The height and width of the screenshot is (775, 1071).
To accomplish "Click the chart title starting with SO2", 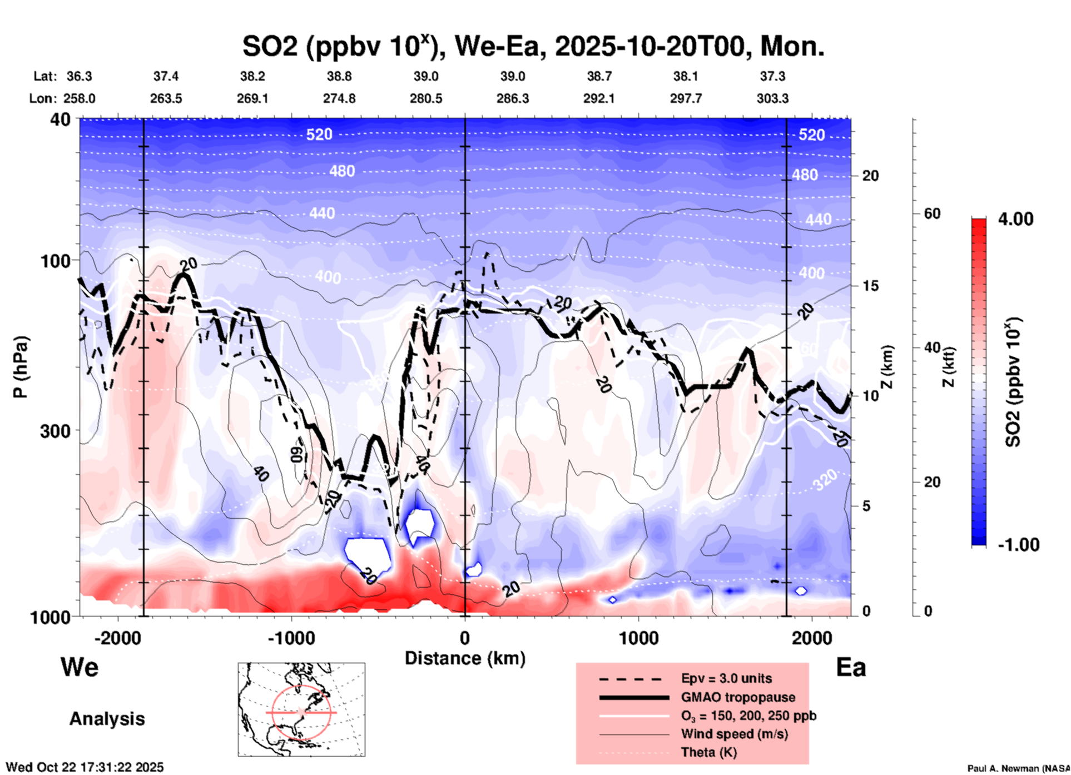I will (533, 46).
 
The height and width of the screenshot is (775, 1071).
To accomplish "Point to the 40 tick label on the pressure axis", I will (61, 120).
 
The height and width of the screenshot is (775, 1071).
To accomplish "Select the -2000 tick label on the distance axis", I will (118, 638).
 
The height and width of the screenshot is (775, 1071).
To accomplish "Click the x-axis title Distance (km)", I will (465, 658).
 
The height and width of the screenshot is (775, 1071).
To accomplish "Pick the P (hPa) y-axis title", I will (21, 367).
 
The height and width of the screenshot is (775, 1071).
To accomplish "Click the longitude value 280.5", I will (426, 98).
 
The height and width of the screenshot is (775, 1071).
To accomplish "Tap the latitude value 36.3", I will (79, 76).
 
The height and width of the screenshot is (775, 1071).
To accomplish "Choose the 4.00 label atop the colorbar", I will (1015, 218).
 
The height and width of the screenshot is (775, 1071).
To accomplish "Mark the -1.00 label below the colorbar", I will (1018, 545).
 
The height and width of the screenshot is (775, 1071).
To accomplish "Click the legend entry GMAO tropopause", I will (738, 697).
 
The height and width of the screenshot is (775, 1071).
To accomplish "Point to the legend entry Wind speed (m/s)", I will (734, 734).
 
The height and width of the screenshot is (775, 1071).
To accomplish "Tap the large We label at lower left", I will (80, 667).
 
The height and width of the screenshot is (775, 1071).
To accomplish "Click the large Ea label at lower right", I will (851, 667).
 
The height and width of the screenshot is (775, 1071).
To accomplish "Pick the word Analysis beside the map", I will (107, 718).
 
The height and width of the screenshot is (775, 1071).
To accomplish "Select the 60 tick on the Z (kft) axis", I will (932, 213).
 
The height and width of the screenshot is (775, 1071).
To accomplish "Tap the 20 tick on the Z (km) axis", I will (870, 176).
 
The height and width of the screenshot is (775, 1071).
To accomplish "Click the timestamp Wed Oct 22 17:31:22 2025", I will (85, 767).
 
